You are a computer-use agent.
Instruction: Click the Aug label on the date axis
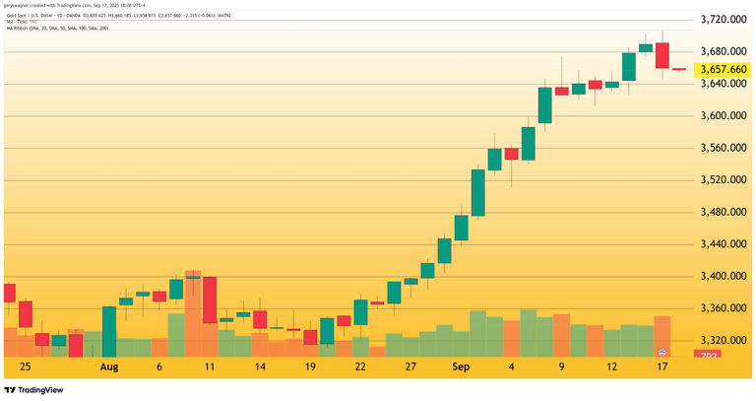coord(109,366)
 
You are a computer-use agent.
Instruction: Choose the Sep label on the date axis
coord(461,366)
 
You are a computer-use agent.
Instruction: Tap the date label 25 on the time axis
coord(25,366)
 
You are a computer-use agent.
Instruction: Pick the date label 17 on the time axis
coord(662,366)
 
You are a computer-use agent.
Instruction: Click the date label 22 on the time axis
coord(360,366)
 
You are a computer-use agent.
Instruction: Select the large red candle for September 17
coord(662,56)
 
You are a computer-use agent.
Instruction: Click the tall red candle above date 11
coord(210,300)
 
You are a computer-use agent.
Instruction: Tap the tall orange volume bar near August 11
coord(193,313)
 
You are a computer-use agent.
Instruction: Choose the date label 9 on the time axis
coord(562,366)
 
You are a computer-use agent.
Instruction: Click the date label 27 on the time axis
coord(410,366)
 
